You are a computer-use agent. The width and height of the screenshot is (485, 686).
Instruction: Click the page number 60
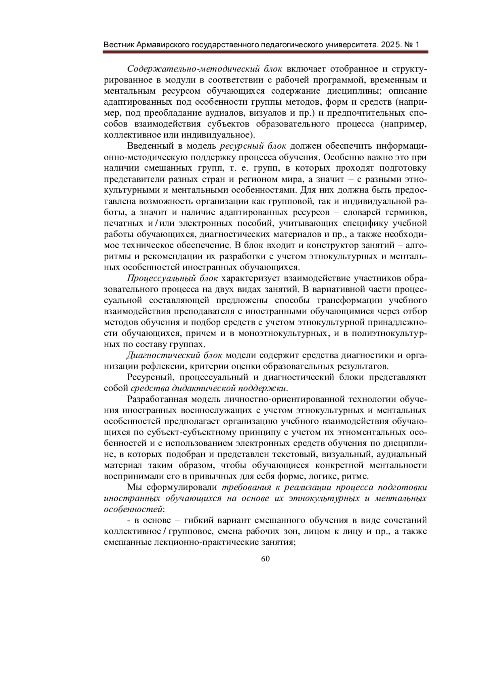(x=266, y=559)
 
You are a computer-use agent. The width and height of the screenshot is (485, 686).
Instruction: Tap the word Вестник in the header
(x=119, y=44)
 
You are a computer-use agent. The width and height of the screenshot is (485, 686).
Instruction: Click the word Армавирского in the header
(x=162, y=44)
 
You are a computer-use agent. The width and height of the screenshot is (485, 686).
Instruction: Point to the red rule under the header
(x=266, y=52)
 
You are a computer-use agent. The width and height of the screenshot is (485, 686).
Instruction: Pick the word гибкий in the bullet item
(x=200, y=520)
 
